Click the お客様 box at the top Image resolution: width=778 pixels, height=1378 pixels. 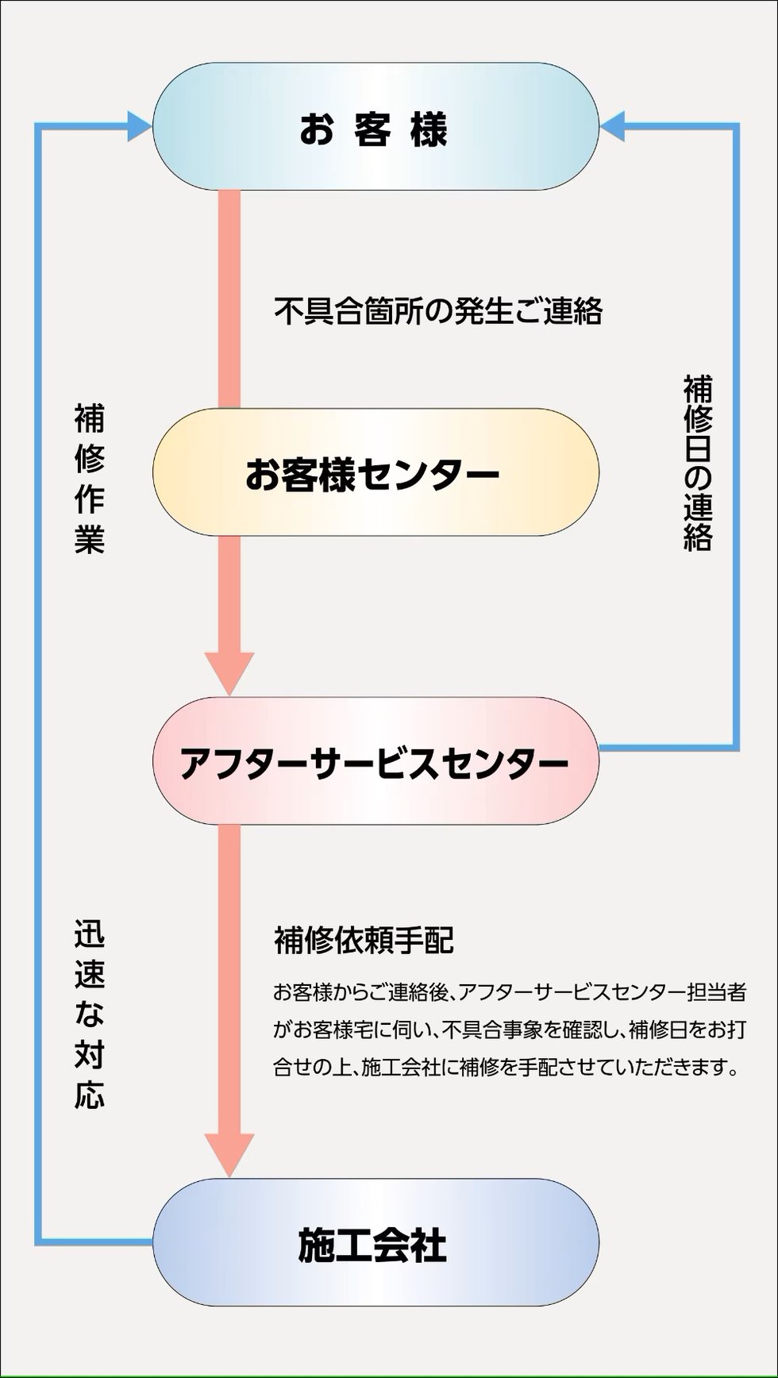(x=375, y=126)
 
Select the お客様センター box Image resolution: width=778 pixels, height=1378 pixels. (x=375, y=472)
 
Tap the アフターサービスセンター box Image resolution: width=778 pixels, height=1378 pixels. (x=375, y=761)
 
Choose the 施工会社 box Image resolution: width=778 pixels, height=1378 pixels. (x=375, y=1242)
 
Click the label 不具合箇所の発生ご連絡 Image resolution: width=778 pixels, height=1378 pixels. (x=437, y=311)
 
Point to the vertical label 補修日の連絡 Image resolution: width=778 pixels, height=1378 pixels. (x=698, y=464)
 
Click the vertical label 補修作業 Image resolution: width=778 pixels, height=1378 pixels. (x=90, y=479)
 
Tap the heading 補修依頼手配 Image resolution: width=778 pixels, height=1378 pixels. (x=364, y=940)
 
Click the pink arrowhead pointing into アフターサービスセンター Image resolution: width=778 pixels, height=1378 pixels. (x=229, y=672)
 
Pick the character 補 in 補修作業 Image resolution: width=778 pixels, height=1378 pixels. (x=90, y=418)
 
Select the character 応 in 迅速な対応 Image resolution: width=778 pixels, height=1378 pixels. (x=90, y=1095)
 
